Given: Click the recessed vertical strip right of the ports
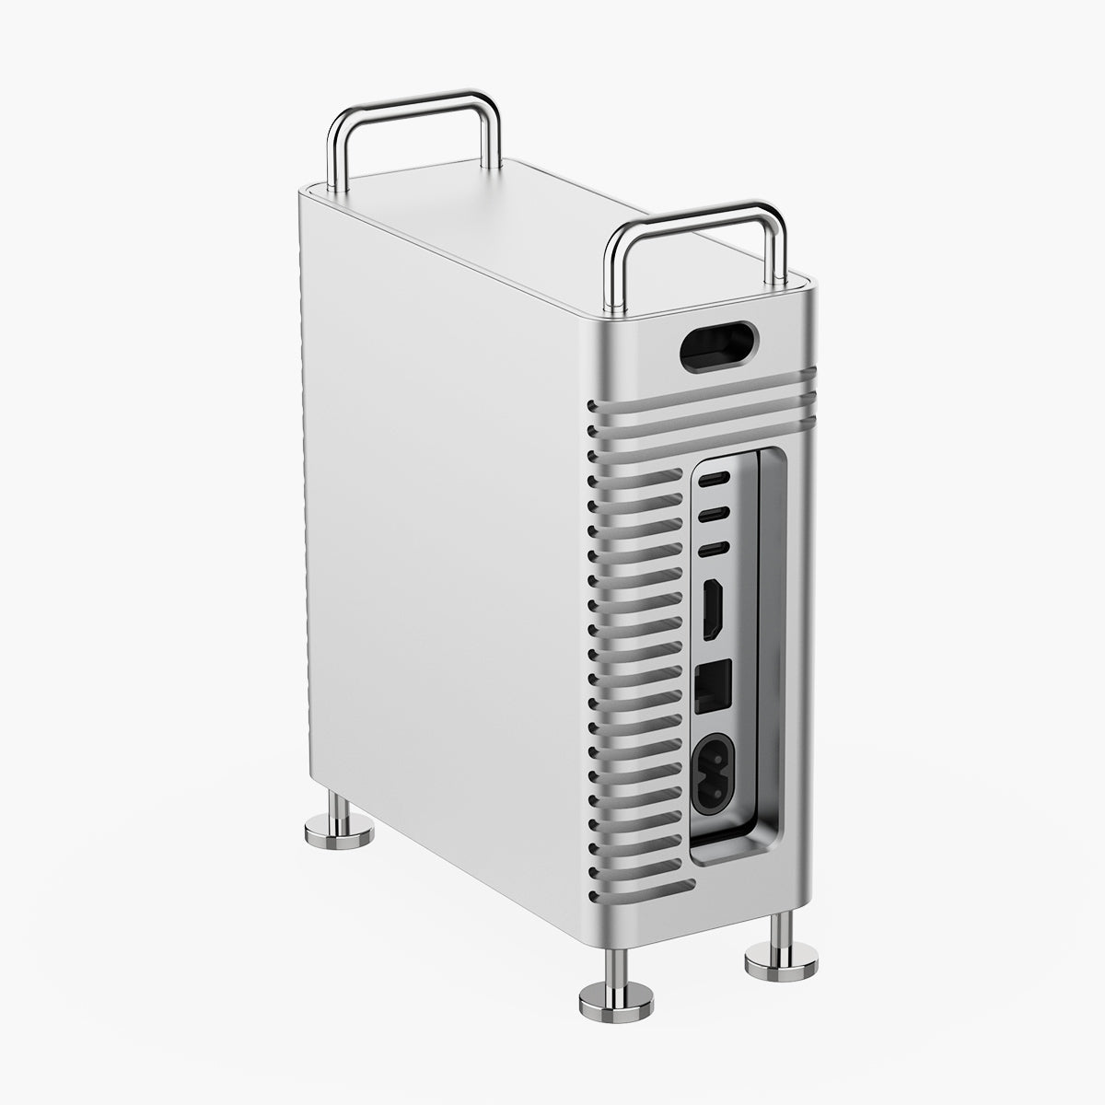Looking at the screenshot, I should point(772,645).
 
